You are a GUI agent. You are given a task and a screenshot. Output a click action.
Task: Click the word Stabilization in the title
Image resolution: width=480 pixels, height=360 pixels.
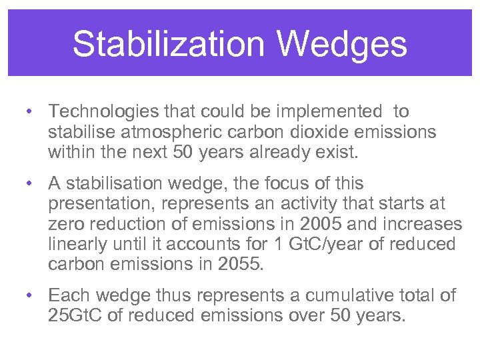[x=169, y=44]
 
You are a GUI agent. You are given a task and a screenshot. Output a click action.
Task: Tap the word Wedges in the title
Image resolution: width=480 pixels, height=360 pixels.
[x=342, y=44]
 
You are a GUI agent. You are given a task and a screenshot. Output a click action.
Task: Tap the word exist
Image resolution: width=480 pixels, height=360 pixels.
[x=339, y=153]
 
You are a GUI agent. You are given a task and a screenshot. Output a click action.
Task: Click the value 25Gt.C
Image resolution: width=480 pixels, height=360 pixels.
[x=76, y=315]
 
